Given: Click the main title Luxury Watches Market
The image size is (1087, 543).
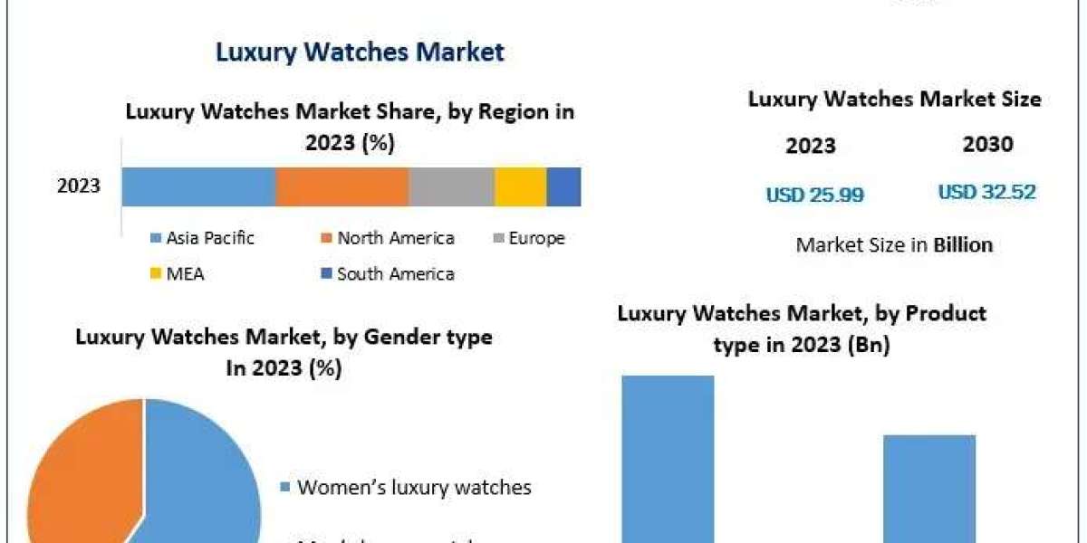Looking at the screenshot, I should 360,52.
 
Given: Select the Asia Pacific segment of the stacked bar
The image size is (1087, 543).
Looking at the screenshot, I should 198,186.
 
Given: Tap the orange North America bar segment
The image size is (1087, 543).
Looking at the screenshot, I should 341,186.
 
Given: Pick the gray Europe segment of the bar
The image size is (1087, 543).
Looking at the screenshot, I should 451,186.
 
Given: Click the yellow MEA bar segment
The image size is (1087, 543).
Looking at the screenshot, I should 520,186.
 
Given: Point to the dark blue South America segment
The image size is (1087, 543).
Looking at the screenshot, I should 563,186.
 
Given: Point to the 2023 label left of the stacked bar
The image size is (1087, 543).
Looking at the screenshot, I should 79,186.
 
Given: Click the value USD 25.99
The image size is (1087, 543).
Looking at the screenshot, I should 814,194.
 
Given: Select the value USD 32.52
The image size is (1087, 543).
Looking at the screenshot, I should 986,192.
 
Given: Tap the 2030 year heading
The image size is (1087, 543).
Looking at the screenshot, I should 988,144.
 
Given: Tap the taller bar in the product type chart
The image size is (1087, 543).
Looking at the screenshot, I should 668,462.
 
